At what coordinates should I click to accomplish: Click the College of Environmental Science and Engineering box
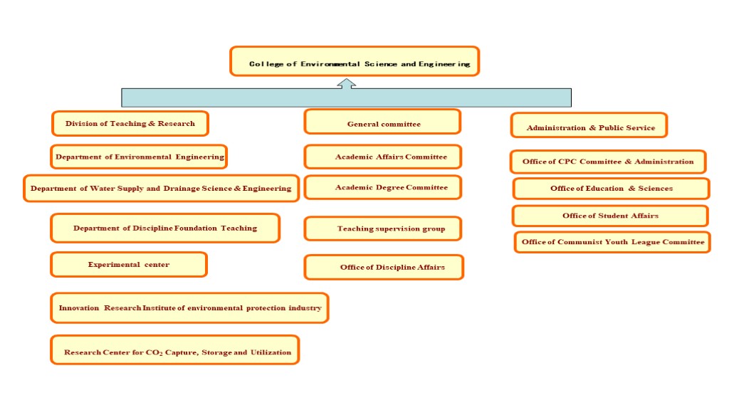(x=355, y=61)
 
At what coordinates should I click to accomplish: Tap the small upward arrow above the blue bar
(x=347, y=84)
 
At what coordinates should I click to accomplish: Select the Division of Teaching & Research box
(x=130, y=124)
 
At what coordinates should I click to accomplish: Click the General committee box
(x=382, y=122)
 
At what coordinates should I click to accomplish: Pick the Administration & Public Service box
(x=589, y=125)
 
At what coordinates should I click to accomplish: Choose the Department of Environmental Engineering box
(x=139, y=157)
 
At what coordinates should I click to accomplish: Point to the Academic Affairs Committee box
(x=382, y=157)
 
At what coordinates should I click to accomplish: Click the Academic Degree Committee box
(x=382, y=187)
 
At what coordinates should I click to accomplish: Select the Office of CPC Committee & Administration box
(x=608, y=162)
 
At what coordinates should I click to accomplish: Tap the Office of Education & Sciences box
(x=612, y=189)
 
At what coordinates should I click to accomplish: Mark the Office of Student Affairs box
(x=610, y=216)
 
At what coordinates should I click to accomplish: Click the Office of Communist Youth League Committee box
(x=613, y=242)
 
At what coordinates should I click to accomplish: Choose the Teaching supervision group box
(x=382, y=228)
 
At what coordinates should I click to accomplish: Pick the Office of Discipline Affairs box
(x=384, y=268)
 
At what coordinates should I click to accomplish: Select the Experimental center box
(x=129, y=265)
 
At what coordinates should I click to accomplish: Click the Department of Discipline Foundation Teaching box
(x=165, y=228)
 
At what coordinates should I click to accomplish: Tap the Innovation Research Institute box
(x=189, y=307)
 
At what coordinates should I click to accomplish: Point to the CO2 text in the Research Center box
(x=154, y=353)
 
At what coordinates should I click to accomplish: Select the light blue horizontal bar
(x=347, y=98)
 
